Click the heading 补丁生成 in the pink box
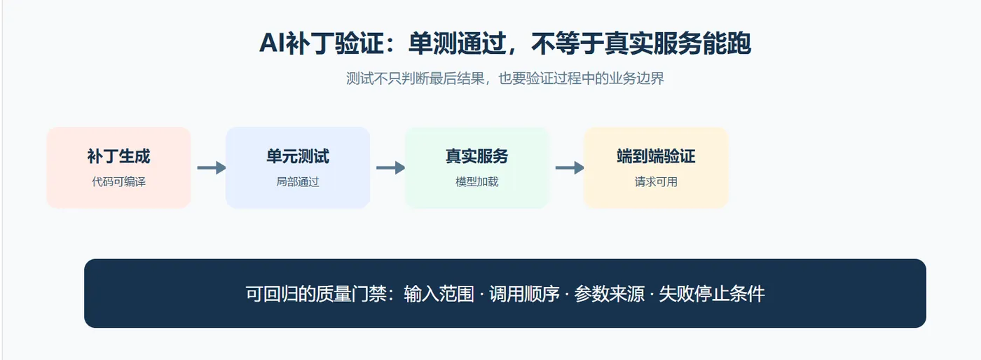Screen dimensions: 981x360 coord(118,156)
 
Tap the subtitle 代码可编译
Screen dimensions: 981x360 coord(118,182)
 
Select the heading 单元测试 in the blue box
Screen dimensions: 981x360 coord(298,156)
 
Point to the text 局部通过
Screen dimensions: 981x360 coord(298,182)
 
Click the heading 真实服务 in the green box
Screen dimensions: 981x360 coord(477,156)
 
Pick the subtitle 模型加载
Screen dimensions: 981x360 coord(477,182)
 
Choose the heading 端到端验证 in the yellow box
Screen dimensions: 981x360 coord(656,156)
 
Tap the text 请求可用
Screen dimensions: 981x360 coord(656,182)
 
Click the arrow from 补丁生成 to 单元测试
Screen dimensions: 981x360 coord(212,167)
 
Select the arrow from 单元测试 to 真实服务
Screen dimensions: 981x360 coord(391,167)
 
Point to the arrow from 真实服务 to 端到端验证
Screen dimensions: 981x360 coord(570,167)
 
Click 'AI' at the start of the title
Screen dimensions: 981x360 coord(273,44)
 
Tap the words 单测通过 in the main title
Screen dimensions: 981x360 coord(457,44)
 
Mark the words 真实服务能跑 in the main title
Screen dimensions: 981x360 coord(678,44)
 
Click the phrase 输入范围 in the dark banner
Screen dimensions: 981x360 coord(439,294)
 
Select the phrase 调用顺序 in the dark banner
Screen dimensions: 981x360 coord(524,294)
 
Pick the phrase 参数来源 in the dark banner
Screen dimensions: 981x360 coord(609,294)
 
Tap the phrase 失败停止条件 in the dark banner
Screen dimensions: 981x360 coord(712,294)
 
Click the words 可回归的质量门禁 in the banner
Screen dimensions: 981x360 coord(316,294)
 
